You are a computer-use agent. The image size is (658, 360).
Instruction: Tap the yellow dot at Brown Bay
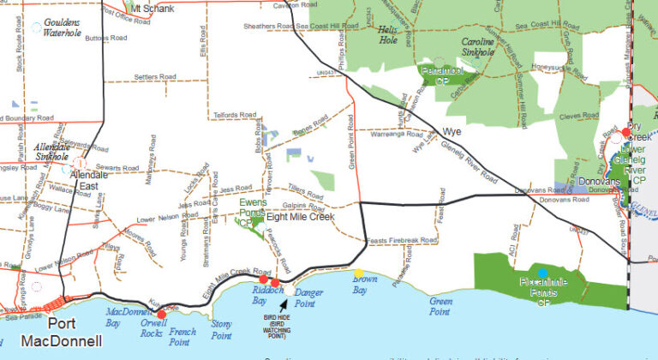point(358,273)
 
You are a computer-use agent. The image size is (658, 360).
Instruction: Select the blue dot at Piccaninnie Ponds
point(542,273)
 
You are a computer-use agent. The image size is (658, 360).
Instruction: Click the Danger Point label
point(308,298)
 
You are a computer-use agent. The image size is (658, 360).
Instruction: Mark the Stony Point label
point(221,330)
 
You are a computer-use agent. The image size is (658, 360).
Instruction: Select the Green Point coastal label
point(440,306)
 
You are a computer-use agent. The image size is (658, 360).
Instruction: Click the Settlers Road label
point(155,77)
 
